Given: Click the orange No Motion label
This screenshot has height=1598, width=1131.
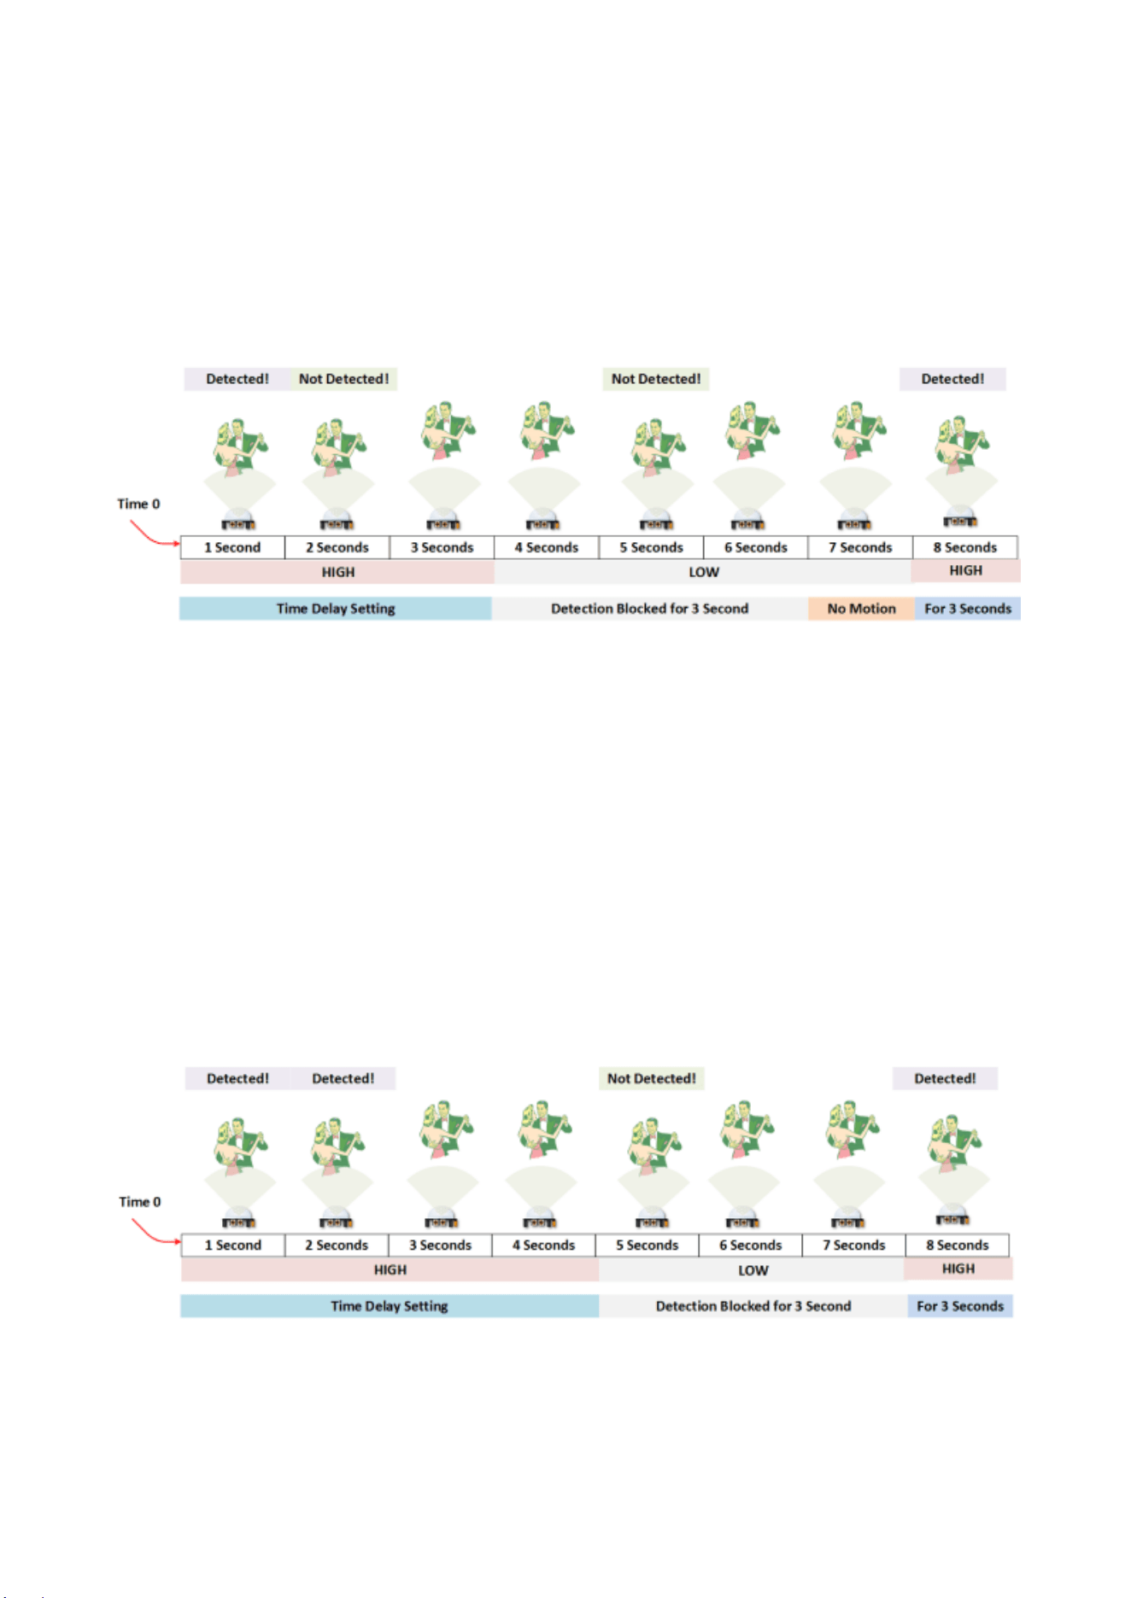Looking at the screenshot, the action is pos(861,609).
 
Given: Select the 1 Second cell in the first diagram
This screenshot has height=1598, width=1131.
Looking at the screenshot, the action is pos(232,547).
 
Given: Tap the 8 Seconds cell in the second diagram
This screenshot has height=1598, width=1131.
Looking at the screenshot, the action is pos(957,1245).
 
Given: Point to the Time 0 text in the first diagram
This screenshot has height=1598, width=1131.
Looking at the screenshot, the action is pos(138,504).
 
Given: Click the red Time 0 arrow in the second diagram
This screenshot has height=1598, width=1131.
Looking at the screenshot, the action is pos(154,1234).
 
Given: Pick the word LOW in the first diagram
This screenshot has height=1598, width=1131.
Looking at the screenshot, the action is pos(704,572).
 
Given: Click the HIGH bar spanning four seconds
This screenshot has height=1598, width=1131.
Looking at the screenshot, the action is pos(390,1270).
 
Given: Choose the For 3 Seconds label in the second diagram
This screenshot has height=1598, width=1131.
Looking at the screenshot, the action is pos(960,1306).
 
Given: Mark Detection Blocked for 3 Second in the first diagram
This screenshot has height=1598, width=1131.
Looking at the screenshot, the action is pos(649,609).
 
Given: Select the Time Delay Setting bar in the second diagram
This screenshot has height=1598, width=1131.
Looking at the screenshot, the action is pos(390,1306).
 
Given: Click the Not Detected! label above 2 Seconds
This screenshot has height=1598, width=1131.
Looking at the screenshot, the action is pos(343,379).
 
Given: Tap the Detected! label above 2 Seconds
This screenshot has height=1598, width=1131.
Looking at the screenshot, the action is pos(343,1078).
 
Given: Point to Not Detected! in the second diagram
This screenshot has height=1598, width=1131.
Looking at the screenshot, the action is pos(651,1078).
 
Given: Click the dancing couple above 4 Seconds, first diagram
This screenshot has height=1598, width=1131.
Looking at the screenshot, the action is pos(545,430).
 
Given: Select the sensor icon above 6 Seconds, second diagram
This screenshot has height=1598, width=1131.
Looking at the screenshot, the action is pos(743,1219).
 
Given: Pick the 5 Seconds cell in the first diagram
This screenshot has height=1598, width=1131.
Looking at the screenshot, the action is pos(651,547).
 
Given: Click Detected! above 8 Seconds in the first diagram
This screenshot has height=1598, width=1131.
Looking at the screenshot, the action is pos(952,379).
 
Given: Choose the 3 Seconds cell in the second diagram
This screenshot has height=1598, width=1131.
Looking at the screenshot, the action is pos(440,1245).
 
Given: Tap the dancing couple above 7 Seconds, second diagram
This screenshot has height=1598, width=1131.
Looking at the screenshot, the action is pos(851,1129).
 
